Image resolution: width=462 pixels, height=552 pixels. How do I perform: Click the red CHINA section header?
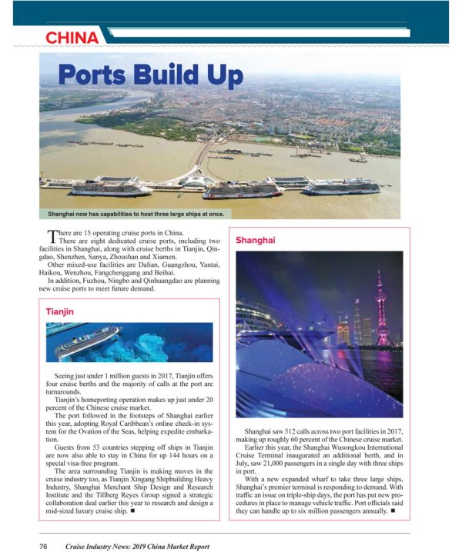pos(72,38)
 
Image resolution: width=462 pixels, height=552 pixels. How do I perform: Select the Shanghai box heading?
pos(256,241)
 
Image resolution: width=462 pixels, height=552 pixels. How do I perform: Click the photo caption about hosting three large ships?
pos(136,212)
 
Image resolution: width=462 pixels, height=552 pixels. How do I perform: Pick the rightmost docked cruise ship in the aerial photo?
pos(341,185)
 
